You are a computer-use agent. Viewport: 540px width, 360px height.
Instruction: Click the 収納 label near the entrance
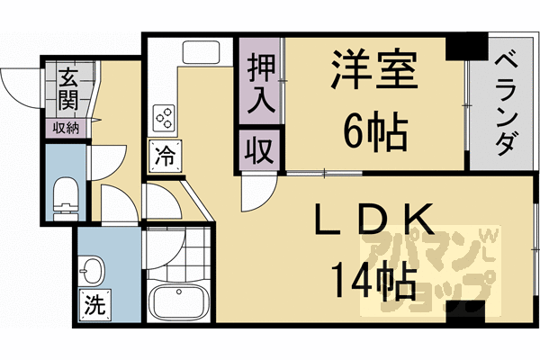65,129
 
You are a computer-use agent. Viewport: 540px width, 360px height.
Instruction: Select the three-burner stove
165,115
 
